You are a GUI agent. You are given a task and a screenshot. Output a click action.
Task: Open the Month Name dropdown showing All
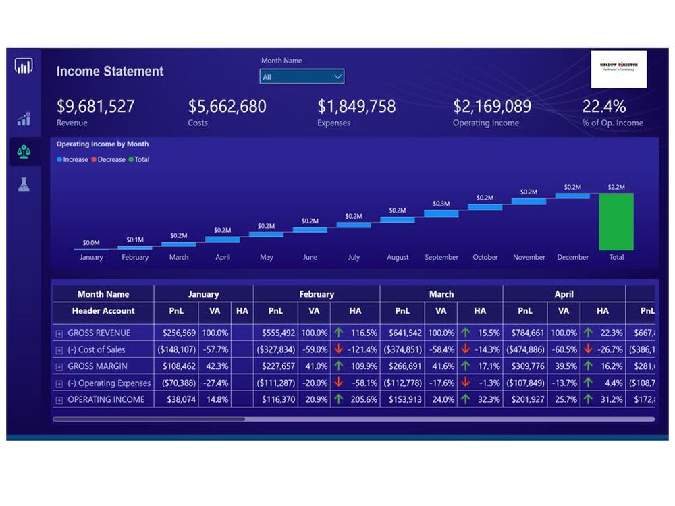click(x=302, y=77)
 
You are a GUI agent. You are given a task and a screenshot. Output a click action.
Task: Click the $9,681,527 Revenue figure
click(x=95, y=107)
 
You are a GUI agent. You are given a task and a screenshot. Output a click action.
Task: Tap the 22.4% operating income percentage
click(x=603, y=107)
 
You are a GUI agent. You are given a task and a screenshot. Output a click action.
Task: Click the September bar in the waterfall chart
click(x=441, y=213)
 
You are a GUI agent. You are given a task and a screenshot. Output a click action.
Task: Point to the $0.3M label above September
click(x=441, y=203)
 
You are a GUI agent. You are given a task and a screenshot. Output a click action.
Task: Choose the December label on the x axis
click(x=572, y=258)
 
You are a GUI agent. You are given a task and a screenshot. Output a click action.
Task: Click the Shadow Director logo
click(x=618, y=69)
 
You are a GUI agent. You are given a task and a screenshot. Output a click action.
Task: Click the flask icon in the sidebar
click(x=24, y=184)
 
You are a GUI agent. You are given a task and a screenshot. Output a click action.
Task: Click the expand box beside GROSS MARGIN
click(x=59, y=366)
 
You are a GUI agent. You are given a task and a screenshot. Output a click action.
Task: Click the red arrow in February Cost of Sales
click(x=339, y=349)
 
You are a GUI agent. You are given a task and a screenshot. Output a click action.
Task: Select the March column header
click(x=441, y=294)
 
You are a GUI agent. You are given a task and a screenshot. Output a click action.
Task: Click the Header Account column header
click(x=103, y=311)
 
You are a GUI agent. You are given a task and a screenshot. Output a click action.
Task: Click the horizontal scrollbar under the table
click(x=148, y=419)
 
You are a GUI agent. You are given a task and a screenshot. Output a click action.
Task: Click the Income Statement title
click(x=109, y=72)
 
